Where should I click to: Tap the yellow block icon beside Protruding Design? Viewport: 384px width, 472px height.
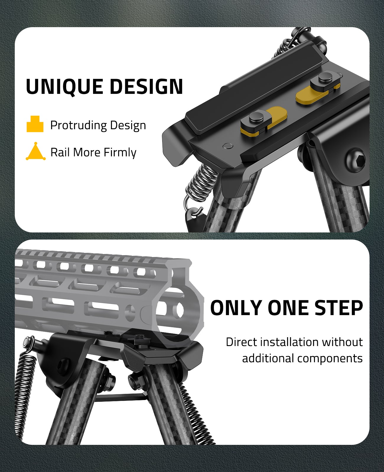pyautogui.click(x=35, y=124)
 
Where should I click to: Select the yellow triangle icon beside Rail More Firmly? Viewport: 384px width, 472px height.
pyautogui.click(x=36, y=151)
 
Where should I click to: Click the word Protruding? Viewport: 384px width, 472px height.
pyautogui.click(x=79, y=125)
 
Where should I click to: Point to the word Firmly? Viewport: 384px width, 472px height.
pyautogui.click(x=120, y=153)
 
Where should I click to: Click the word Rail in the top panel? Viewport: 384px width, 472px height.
pyautogui.click(x=60, y=152)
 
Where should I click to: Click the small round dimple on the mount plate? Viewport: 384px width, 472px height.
pyautogui.click(x=228, y=146)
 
